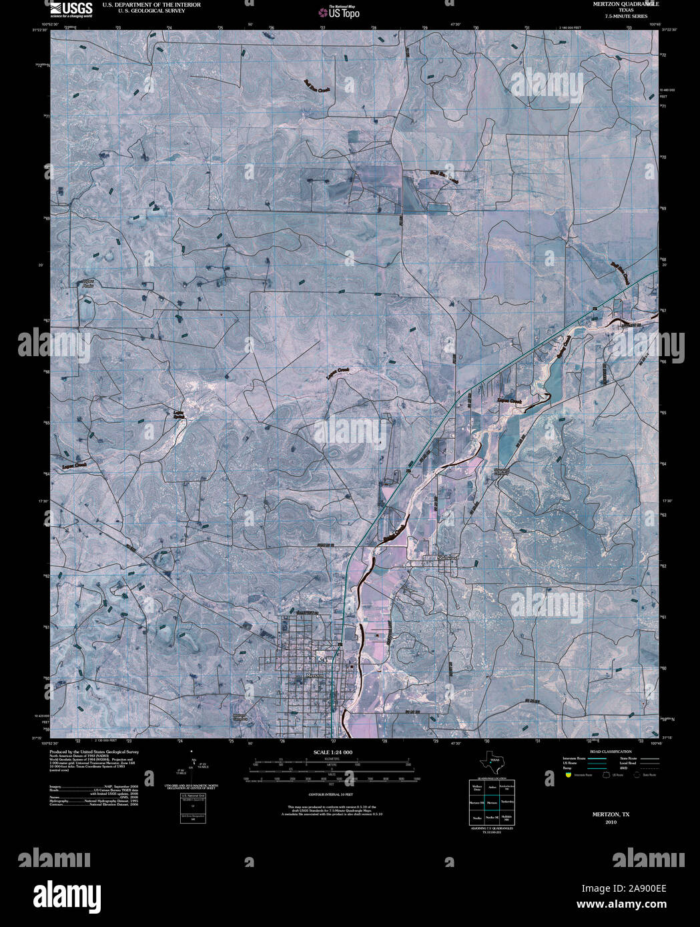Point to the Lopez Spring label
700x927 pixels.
[179, 415]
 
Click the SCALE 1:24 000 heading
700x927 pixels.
[332, 752]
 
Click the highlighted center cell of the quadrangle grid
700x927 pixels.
[492, 803]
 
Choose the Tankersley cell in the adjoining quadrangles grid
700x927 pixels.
[506, 803]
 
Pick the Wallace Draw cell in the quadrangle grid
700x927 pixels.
[477, 788]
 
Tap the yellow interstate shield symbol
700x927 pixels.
[568, 775]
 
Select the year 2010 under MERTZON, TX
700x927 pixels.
[611, 822]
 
